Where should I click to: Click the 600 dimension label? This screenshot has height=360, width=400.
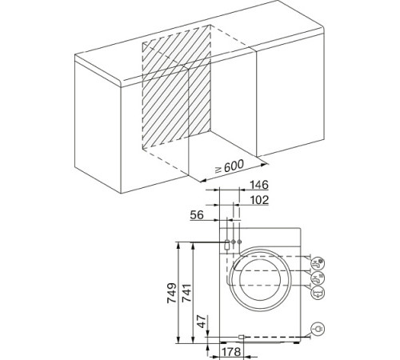click(x=234, y=166)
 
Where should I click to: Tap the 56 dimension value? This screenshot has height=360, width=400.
click(x=197, y=215)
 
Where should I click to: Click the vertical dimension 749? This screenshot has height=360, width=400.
click(x=171, y=293)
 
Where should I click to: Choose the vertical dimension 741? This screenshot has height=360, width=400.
click(x=186, y=293)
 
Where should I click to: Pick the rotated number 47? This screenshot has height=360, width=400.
click(x=202, y=322)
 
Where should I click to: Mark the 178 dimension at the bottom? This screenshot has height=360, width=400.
click(x=231, y=352)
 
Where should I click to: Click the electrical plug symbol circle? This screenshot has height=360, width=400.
click(x=318, y=329)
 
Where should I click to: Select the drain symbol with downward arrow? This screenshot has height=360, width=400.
click(x=318, y=293)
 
